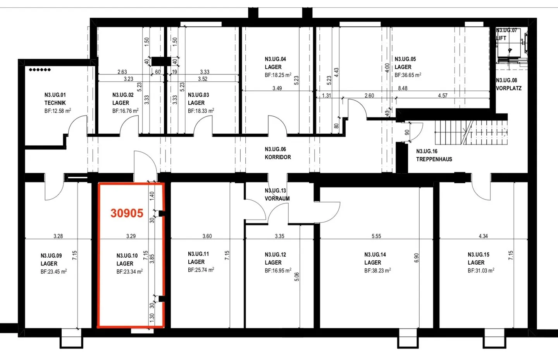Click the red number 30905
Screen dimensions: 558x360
point(127,213)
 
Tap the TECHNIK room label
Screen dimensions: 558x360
point(55,103)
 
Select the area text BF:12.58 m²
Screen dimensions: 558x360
point(57,110)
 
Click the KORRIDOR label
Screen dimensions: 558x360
point(278,157)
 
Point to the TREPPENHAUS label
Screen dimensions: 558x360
point(434,159)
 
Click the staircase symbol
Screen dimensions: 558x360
point(471,133)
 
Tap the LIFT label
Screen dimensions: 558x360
point(501,38)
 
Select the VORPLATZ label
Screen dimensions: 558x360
point(508,88)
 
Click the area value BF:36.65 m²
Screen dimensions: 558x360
point(408,75)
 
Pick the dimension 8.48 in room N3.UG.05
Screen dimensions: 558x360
point(403,88)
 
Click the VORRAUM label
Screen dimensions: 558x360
point(277,198)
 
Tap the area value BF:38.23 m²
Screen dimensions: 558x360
point(377,270)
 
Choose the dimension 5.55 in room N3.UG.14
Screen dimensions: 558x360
point(376,236)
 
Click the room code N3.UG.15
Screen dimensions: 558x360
point(478,255)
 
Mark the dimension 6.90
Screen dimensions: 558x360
point(416,258)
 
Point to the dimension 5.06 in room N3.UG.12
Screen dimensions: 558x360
point(296,277)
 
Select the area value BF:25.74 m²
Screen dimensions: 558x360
point(201,270)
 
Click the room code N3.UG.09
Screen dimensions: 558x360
point(51,256)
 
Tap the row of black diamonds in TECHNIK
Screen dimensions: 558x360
point(40,70)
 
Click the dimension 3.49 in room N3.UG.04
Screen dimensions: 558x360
point(277,88)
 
